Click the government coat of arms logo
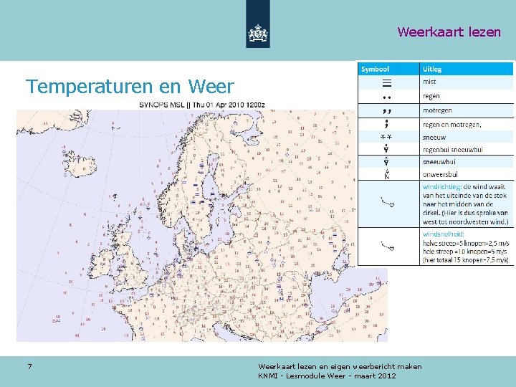(258, 32)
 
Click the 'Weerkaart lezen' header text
(449, 32)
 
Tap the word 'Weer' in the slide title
(211, 87)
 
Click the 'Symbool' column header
(376, 70)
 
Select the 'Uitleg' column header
(432, 70)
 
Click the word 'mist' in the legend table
(429, 82)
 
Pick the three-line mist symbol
(387, 83)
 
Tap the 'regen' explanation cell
(431, 96)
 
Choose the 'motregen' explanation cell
(436, 110)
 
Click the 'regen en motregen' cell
(451, 124)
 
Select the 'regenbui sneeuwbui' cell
(453, 149)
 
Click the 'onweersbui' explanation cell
(439, 175)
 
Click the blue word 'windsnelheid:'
(444, 234)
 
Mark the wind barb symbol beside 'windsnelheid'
(388, 247)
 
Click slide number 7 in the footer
(29, 367)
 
